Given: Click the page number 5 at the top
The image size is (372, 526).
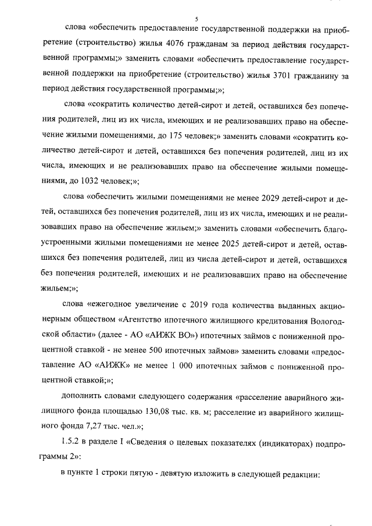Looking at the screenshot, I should coord(196,19).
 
